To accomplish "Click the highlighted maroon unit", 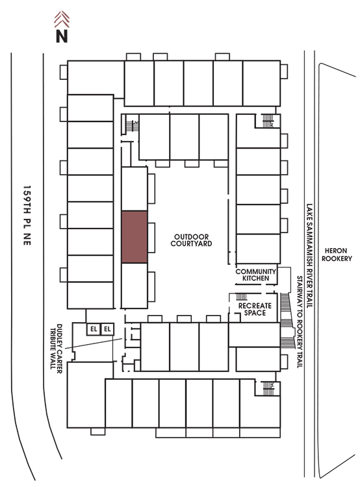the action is click(x=135, y=237).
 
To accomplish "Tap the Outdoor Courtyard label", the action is click(x=191, y=240).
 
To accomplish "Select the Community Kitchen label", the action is click(x=255, y=275).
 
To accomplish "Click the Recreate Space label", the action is click(x=255, y=309).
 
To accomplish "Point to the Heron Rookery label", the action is click(x=337, y=255).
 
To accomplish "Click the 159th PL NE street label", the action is click(x=27, y=216).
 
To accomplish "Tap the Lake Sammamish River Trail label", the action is click(x=309, y=256).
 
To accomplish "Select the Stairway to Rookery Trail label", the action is click(x=300, y=322).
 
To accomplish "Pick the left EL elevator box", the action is click(x=94, y=329).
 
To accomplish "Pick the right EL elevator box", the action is click(x=107, y=329).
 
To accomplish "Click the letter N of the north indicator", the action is click(x=62, y=36).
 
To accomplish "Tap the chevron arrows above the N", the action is click(x=62, y=19).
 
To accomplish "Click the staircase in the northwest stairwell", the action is click(x=130, y=126).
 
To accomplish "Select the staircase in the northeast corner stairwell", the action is click(x=267, y=121).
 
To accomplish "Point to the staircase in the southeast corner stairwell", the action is click(x=268, y=388).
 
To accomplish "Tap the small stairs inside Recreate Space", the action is click(x=242, y=297).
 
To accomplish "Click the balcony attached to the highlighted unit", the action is click(x=151, y=238).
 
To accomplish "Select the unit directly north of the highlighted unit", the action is click(x=135, y=189).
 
